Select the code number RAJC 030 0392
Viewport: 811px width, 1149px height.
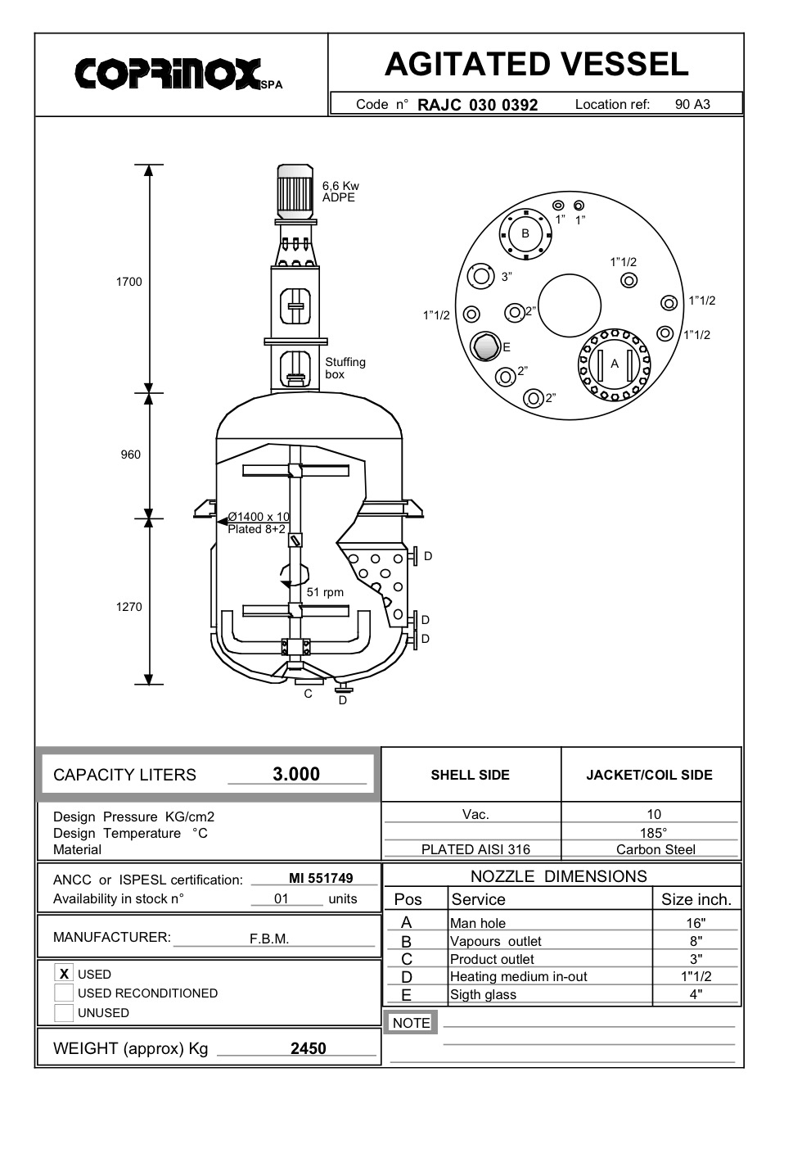pyautogui.click(x=477, y=105)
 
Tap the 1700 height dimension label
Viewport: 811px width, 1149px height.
pyautogui.click(x=128, y=282)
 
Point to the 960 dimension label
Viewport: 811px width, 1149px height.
pyautogui.click(x=130, y=455)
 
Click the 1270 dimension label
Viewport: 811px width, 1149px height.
pyautogui.click(x=128, y=607)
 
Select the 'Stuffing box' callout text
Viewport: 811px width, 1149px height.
pyautogui.click(x=345, y=369)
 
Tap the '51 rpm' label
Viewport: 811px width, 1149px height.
pyautogui.click(x=325, y=592)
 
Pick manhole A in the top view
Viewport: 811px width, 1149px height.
pyautogui.click(x=615, y=364)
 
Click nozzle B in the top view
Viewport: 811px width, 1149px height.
pyautogui.click(x=525, y=233)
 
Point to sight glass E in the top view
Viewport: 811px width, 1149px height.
pyautogui.click(x=485, y=346)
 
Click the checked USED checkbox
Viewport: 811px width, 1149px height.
pyautogui.click(x=64, y=974)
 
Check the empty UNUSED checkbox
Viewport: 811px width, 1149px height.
pyautogui.click(x=64, y=1013)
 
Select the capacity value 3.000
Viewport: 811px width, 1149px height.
pyautogui.click(x=296, y=774)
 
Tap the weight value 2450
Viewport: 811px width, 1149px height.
pyautogui.click(x=308, y=1048)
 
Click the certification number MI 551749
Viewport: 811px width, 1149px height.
pyautogui.click(x=321, y=878)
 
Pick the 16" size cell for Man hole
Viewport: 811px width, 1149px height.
pyautogui.click(x=696, y=923)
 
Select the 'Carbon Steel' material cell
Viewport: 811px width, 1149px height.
pyautogui.click(x=656, y=849)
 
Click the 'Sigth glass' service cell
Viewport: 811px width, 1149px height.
pyautogui.click(x=483, y=995)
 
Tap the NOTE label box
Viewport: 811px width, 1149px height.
pyautogui.click(x=411, y=1023)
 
